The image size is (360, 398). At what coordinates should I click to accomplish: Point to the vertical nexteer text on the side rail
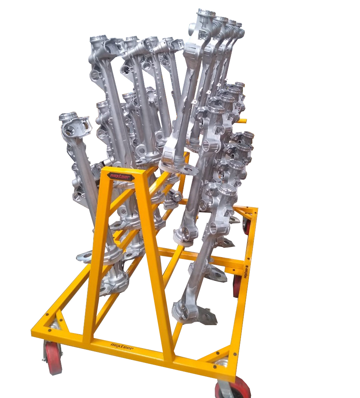246,272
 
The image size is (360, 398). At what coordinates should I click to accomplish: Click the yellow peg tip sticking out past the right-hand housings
243,121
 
